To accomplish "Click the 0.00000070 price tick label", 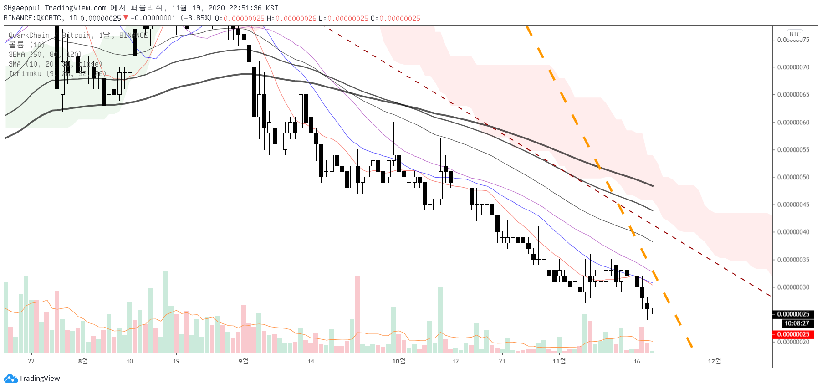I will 793,67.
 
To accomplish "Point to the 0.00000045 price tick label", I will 793,205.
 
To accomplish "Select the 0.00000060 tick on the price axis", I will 793,123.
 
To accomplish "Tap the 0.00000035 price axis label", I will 793,260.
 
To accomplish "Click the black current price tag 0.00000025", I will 793,314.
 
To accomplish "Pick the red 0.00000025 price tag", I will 793,334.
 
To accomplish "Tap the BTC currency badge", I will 795,35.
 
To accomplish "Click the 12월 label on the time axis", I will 714,361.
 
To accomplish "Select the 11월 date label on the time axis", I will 559,361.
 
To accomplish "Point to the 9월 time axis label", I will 243,361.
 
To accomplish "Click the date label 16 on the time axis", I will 637,361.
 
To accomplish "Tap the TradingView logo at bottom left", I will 32,379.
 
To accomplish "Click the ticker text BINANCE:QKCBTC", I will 32,18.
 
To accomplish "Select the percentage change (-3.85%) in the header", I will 196,18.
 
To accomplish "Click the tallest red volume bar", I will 357,314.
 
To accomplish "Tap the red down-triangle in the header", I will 126,18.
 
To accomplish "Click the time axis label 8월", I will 83,361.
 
